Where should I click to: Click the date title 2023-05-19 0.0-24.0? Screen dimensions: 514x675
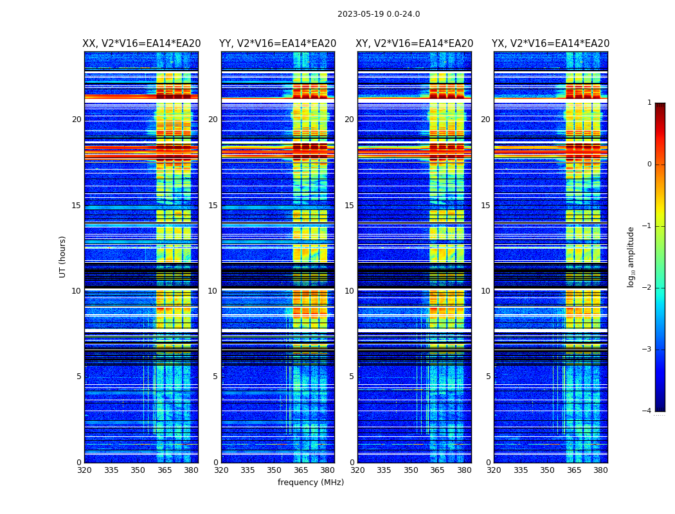pyautogui.click(x=379, y=14)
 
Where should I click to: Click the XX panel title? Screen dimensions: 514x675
pyautogui.click(x=141, y=44)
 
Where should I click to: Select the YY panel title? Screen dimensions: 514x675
pyautogui.click(x=278, y=44)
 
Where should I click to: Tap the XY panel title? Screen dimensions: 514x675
pyautogui.click(x=415, y=44)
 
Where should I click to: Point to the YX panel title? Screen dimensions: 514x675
pyautogui.click(x=551, y=44)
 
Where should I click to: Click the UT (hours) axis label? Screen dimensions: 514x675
pyautogui.click(x=63, y=256)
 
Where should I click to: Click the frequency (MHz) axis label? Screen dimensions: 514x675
pyautogui.click(x=310, y=483)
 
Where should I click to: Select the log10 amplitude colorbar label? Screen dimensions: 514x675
pyautogui.click(x=631, y=256)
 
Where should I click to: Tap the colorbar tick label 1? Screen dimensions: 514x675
pyautogui.click(x=649, y=103)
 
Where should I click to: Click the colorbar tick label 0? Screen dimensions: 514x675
pyautogui.click(x=649, y=164)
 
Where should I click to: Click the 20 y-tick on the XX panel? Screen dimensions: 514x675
pyautogui.click(x=76, y=120)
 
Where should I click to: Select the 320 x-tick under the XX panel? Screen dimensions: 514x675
pyautogui.click(x=84, y=470)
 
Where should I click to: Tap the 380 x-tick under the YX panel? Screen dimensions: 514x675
pyautogui.click(x=600, y=470)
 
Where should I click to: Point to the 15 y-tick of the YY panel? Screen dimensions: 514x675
pyautogui.click(x=213, y=206)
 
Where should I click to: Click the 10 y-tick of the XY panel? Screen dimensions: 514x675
pyautogui.click(x=349, y=291)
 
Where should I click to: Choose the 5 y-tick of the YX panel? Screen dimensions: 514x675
pyautogui.click(x=489, y=377)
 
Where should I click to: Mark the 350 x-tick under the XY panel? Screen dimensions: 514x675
pyautogui.click(x=411, y=470)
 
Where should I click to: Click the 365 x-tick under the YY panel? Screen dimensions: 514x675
pyautogui.click(x=301, y=470)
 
